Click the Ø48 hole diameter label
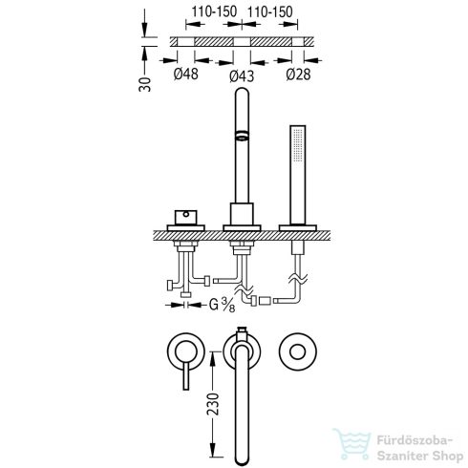[x=186, y=74]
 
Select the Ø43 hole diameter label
[x=242, y=76]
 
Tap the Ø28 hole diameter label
[x=298, y=74]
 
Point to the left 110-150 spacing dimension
[x=214, y=12]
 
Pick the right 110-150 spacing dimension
[x=269, y=12]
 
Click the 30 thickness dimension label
[x=145, y=84]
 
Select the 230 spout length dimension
[x=213, y=404]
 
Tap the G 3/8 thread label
[x=223, y=306]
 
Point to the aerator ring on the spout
[x=242, y=136]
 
